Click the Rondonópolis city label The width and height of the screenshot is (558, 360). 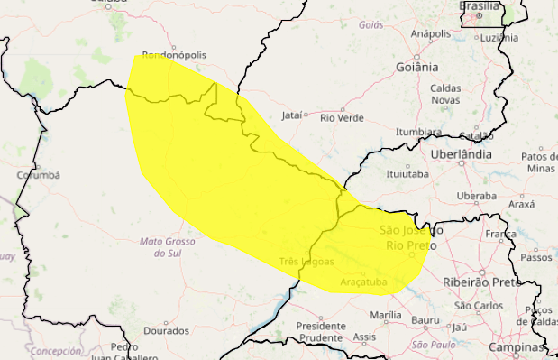(x=175, y=55)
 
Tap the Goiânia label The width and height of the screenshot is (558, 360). (x=416, y=67)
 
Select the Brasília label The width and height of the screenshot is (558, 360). (x=480, y=5)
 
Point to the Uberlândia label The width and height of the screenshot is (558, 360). (x=460, y=154)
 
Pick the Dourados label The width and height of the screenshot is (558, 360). (x=166, y=331)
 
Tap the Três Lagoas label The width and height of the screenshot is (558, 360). (x=306, y=262)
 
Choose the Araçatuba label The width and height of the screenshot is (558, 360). (x=363, y=283)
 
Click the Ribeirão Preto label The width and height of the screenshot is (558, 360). (x=483, y=282)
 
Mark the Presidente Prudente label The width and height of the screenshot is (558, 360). (x=320, y=331)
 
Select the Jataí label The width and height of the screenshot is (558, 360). (x=290, y=115)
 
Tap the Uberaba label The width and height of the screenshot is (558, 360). (x=477, y=196)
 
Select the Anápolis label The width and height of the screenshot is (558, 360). (x=430, y=34)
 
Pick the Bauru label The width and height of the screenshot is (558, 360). (x=425, y=320)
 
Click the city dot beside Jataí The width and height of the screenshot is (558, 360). (x=306, y=115)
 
